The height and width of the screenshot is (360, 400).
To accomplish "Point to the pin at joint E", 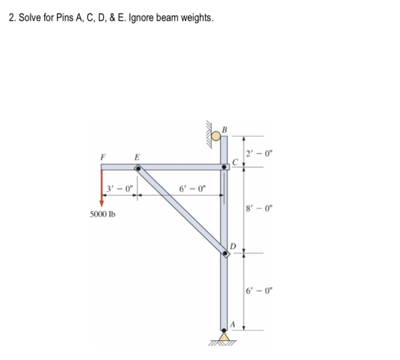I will click(138, 169).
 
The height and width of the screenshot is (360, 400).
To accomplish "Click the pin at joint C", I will click(224, 167).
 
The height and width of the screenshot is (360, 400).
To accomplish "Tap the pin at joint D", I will click(225, 254).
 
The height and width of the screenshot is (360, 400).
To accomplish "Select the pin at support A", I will click(224, 330).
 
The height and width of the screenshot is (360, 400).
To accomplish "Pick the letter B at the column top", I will click(224, 130).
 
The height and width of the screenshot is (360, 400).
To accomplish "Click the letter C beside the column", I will click(234, 161).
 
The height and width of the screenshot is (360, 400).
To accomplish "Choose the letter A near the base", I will click(232, 324).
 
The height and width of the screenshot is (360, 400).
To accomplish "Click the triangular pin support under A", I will click(224, 337).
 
